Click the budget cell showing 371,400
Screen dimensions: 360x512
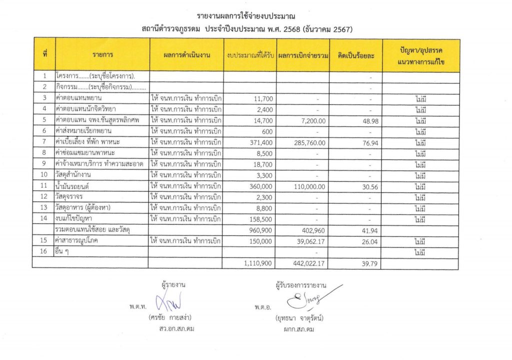coord(260,143)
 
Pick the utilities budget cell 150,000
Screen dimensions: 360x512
coord(260,241)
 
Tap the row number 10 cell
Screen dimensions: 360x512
coord(44,175)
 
